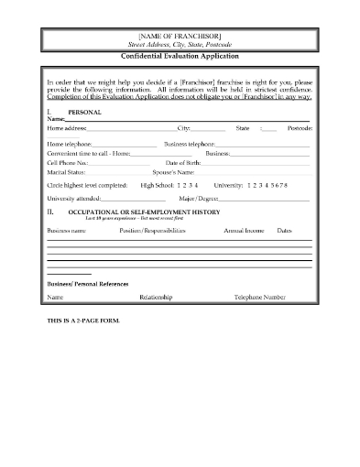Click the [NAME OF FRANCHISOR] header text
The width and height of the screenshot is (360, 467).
[180, 34]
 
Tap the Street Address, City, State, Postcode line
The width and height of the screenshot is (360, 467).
[180, 44]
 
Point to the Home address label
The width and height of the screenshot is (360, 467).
[67, 129]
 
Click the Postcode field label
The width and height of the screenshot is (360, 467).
[299, 129]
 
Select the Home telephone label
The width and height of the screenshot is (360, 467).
[70, 145]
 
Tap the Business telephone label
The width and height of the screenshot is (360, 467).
[190, 145]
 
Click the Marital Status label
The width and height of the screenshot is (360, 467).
[66, 171]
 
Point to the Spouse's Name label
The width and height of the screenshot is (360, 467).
[172, 171]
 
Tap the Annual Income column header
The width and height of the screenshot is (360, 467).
[244, 231]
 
